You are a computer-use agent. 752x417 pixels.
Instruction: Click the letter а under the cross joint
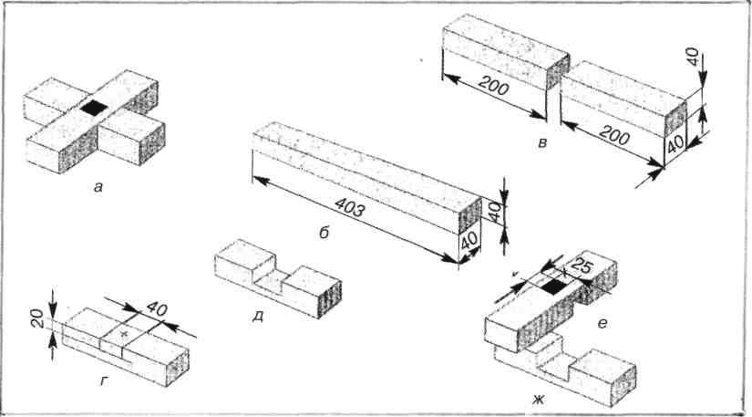[98, 188]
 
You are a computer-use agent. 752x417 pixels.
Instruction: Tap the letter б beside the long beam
[324, 233]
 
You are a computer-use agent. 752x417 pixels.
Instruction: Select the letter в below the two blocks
[542, 142]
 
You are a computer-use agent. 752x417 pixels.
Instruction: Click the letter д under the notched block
[258, 318]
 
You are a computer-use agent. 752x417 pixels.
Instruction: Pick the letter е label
[602, 324]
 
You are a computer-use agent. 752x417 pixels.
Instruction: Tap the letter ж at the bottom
[538, 400]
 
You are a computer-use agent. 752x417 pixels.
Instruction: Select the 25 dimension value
[582, 266]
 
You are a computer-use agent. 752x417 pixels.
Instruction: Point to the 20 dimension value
[40, 318]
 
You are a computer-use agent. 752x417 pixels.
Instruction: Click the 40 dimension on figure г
[157, 308]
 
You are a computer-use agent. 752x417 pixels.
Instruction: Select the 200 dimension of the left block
[493, 86]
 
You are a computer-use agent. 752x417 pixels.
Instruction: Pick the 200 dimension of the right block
[615, 137]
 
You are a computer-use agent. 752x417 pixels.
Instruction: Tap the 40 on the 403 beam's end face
[470, 244]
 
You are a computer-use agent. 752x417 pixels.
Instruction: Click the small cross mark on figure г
[124, 333]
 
